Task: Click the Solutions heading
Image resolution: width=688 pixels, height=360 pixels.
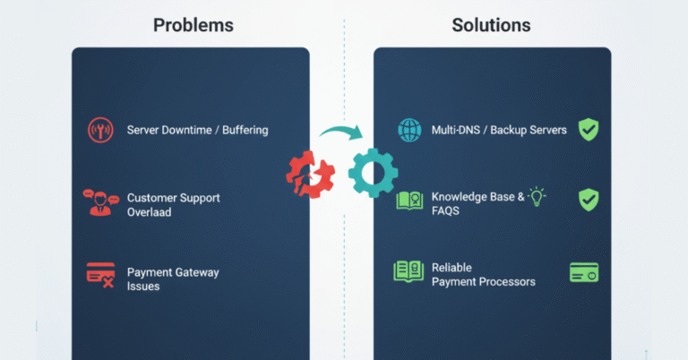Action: point(491,24)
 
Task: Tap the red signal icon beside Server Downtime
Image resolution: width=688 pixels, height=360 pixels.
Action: point(100,130)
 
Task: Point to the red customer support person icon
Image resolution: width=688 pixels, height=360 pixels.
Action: point(101,203)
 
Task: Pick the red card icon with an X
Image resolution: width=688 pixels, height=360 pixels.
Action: point(100,274)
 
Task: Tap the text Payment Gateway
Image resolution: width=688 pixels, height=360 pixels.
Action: point(173,272)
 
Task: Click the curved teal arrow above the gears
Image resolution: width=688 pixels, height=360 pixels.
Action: point(341,135)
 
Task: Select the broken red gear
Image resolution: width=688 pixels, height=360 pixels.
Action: point(309,173)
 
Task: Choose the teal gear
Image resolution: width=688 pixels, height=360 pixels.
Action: point(371,172)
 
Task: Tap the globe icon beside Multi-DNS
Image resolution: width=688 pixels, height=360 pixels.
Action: point(409,130)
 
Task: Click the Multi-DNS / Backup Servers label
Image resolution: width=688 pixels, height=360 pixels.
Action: point(499,130)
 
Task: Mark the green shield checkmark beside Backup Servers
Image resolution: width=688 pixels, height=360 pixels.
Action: point(588,129)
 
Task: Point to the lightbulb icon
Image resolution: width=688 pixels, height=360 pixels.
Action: point(537,196)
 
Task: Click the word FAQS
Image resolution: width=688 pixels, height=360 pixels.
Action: point(446,211)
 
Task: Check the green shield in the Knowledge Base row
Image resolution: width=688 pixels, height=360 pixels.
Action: point(588,199)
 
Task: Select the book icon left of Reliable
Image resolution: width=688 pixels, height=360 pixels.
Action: point(408,272)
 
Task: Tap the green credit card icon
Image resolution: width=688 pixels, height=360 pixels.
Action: point(583,271)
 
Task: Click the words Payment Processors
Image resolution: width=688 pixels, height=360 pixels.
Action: point(483,281)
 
